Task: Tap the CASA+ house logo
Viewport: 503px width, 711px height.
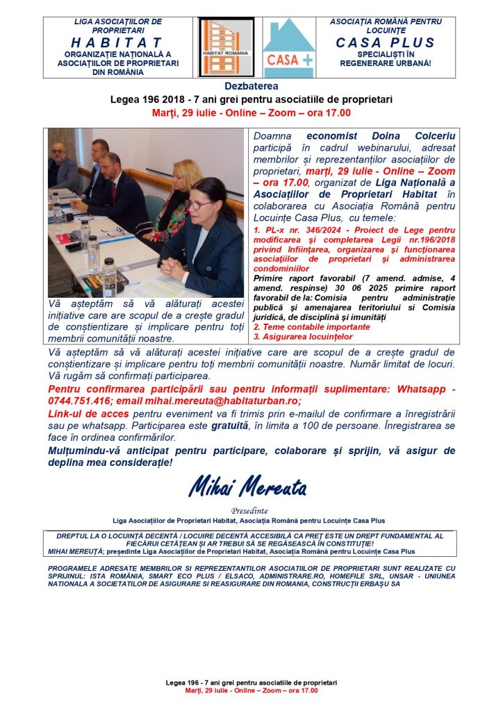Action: (x=289, y=47)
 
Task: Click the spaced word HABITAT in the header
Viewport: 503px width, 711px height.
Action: (x=118, y=43)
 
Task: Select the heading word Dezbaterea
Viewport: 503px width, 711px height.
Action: (x=251, y=86)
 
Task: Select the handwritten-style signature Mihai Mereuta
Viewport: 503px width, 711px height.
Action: (x=248, y=487)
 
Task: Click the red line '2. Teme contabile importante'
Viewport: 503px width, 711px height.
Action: (x=311, y=326)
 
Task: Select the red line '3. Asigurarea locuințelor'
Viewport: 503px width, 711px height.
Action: (x=304, y=337)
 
